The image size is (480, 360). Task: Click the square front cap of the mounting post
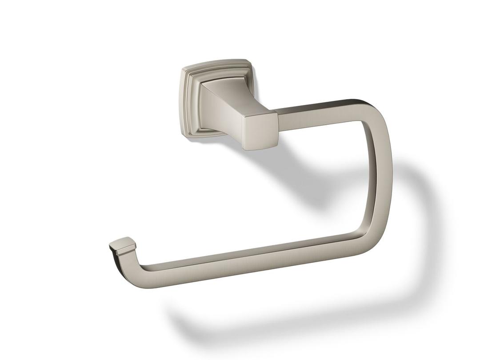tap(261, 130)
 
